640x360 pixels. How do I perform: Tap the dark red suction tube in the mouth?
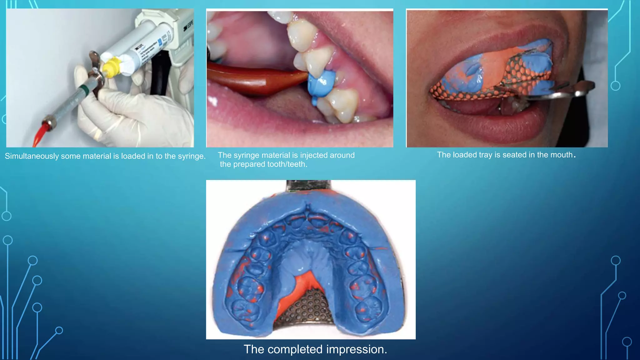click(250, 80)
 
